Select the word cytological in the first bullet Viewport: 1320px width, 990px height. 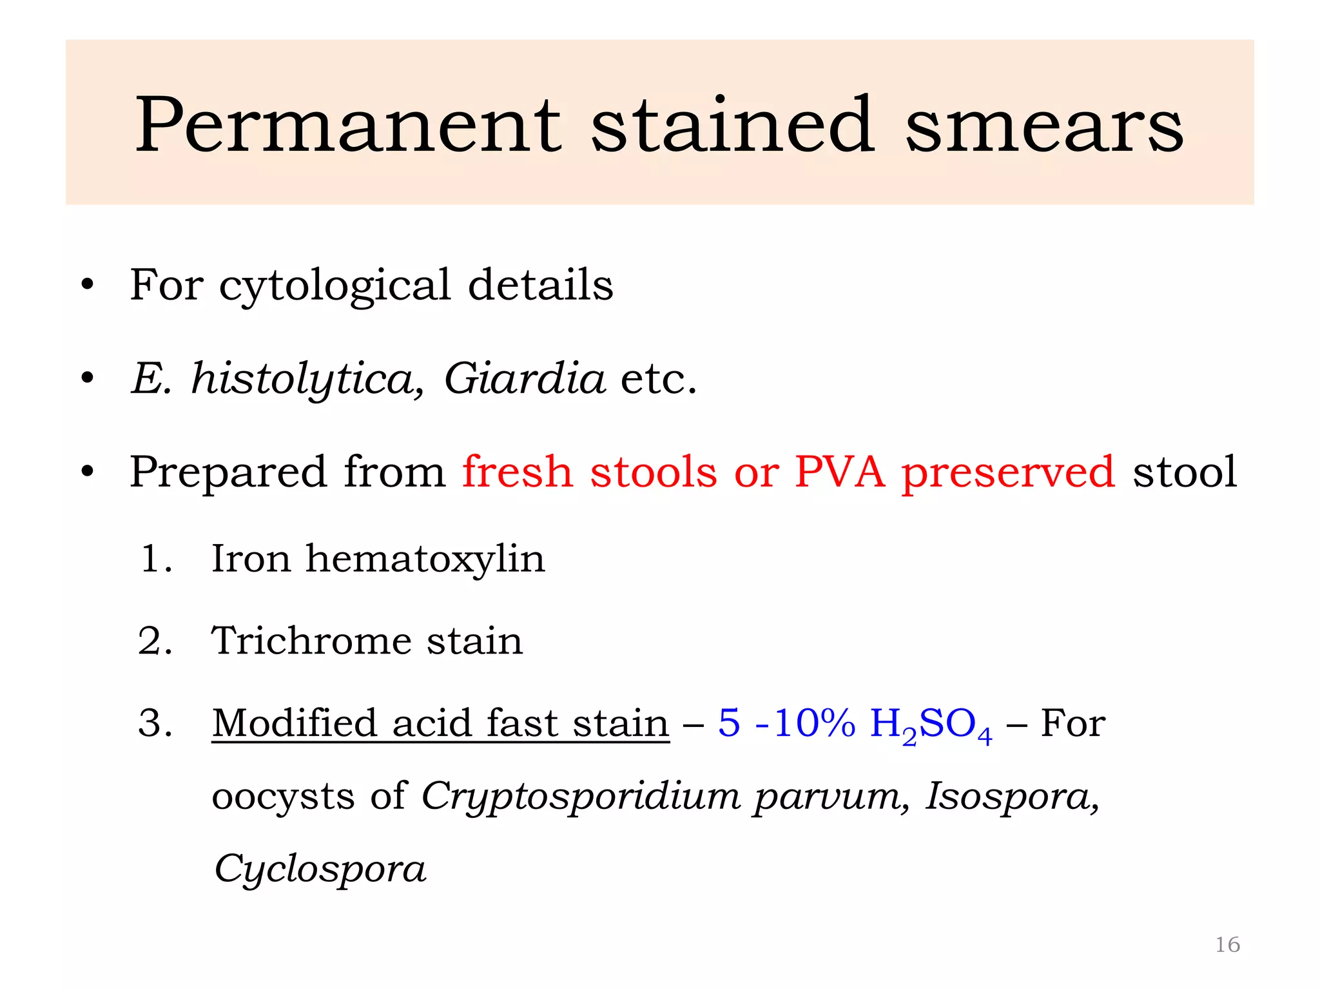click(x=335, y=286)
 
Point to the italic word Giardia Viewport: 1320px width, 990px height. click(x=524, y=379)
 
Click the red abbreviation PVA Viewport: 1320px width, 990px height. click(x=840, y=472)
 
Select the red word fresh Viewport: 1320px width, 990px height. click(x=518, y=472)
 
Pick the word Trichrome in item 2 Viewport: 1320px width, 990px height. click(x=311, y=641)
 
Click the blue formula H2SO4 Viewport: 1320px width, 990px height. click(x=931, y=724)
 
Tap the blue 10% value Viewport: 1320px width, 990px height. click(x=814, y=723)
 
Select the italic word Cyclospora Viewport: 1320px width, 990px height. click(x=320, y=869)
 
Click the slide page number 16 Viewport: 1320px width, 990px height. click(x=1227, y=945)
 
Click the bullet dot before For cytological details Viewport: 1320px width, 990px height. click(x=87, y=286)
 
